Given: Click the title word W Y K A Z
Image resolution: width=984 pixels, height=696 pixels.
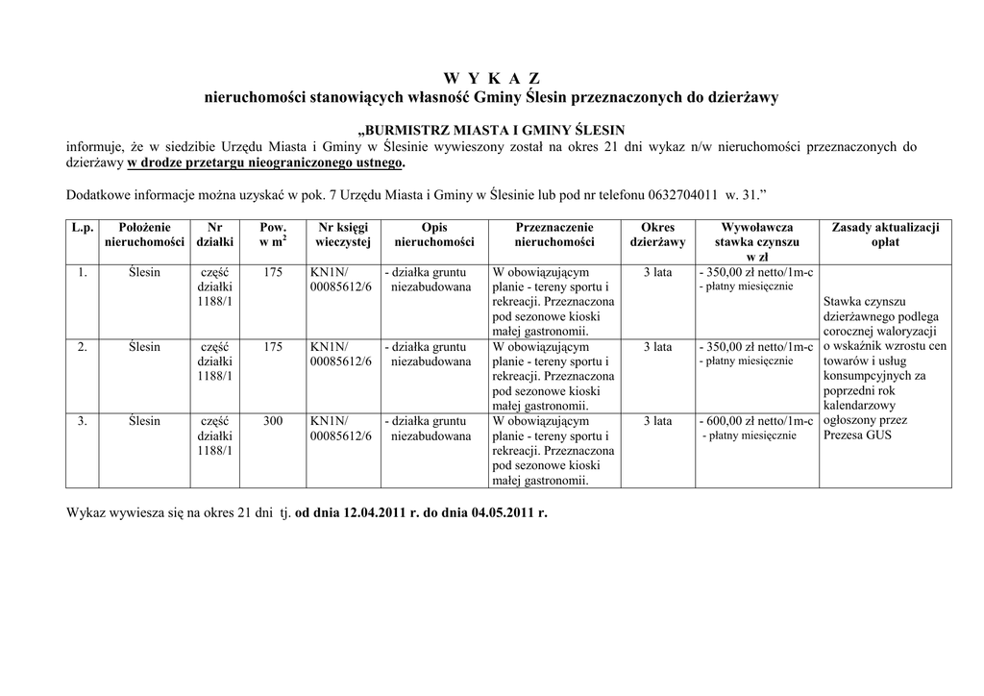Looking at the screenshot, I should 491,78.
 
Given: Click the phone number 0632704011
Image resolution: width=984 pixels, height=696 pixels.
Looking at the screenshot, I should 679,195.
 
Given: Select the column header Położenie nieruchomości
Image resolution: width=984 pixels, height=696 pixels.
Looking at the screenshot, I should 144,236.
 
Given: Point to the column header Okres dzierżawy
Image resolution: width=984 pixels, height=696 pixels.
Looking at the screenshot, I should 657,236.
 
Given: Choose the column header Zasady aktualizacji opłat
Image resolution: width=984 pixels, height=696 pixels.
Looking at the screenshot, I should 884,236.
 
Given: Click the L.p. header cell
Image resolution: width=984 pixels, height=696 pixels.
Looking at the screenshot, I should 83,228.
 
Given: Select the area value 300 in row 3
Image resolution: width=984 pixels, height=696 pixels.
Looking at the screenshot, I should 272,421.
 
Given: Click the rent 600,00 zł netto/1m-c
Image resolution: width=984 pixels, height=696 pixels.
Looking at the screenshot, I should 758,421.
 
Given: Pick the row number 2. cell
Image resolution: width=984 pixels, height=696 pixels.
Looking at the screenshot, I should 83,347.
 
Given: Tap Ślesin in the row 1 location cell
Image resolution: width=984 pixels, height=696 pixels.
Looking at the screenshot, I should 144,273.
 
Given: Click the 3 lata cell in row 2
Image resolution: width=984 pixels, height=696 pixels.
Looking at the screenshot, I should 657,347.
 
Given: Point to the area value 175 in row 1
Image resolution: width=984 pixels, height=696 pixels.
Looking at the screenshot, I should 272,273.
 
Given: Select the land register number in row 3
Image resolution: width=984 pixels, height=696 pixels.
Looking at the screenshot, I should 339,429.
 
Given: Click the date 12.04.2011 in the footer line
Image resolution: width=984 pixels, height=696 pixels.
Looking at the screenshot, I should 369,513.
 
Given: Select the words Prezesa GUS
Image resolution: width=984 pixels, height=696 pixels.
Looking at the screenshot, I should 857,435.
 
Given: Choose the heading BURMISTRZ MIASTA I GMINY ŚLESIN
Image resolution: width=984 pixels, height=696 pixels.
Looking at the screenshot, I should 491,129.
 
